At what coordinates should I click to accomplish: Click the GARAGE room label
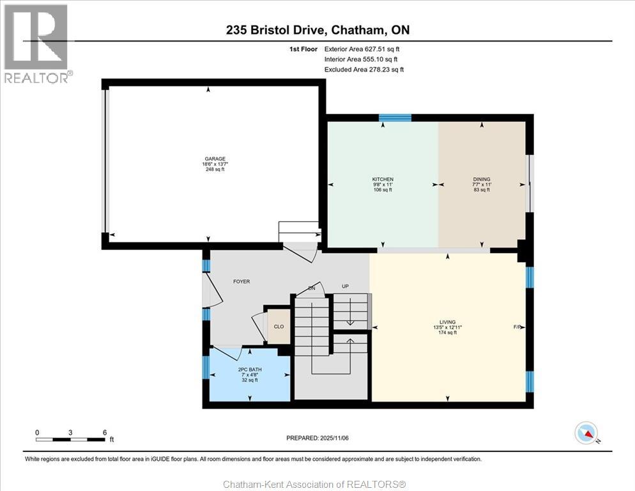(215, 159)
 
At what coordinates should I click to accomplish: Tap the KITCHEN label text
(383, 179)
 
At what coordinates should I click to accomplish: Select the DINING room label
(482, 179)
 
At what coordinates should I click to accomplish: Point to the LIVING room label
(447, 322)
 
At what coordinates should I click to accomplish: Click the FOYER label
(241, 281)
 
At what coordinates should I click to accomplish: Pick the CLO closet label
(279, 327)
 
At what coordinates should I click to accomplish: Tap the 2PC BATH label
(249, 370)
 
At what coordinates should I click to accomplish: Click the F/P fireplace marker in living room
(517, 327)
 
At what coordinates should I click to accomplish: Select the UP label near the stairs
(345, 286)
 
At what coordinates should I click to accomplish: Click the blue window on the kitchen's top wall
(395, 118)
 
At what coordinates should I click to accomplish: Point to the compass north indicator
(587, 433)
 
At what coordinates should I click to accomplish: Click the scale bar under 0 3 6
(70, 439)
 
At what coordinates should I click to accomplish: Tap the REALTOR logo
(37, 43)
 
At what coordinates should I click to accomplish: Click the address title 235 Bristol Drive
(275, 30)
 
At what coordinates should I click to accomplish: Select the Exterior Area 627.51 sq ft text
(362, 49)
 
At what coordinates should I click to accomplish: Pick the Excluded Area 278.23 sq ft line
(364, 69)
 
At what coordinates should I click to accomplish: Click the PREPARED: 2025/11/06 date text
(317, 438)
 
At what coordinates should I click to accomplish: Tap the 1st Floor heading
(303, 49)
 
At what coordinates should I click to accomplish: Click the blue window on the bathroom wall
(206, 367)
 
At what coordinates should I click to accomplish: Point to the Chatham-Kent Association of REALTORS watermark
(315, 484)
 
